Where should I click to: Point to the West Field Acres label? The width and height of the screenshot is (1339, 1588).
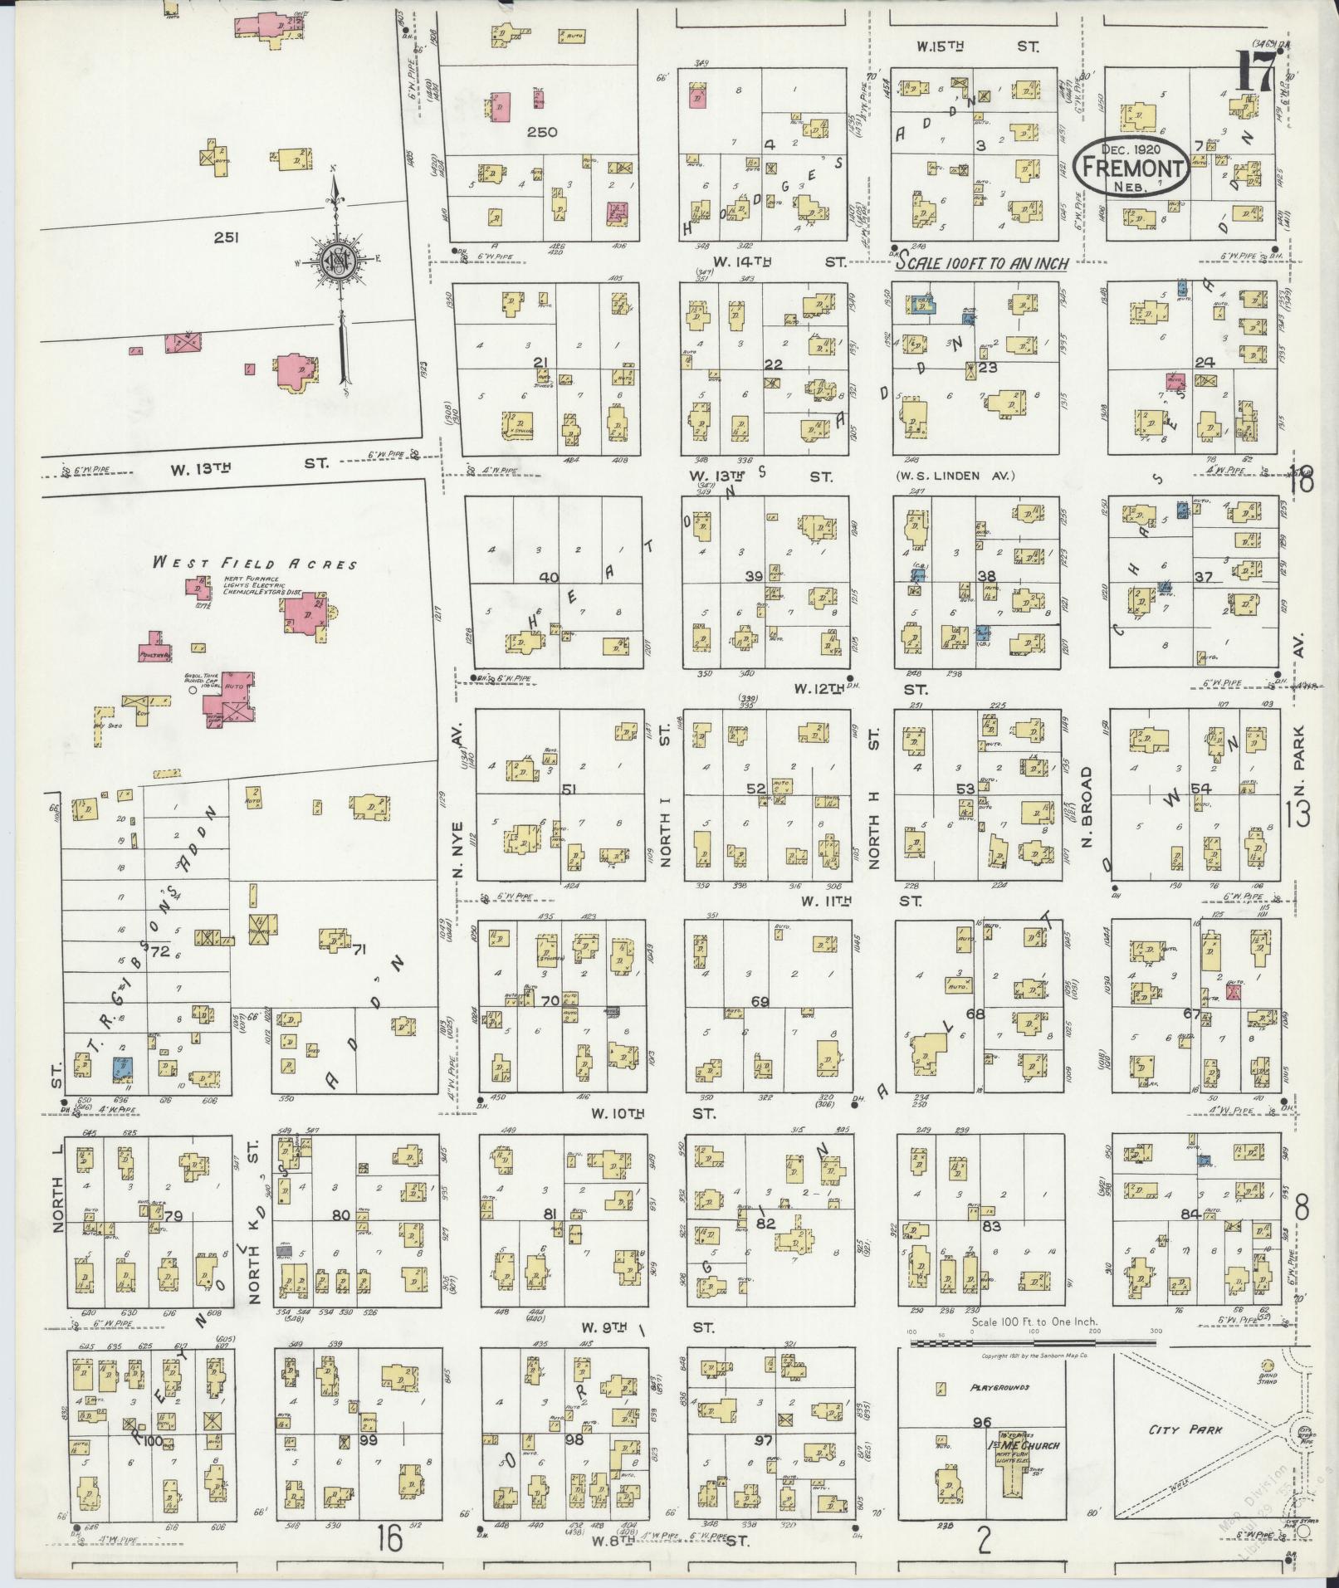[254, 563]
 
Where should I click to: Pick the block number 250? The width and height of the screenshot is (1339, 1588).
[540, 132]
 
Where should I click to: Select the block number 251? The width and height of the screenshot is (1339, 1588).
[226, 237]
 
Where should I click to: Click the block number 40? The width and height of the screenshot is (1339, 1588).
[549, 577]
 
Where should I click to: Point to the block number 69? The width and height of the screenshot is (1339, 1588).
[760, 1002]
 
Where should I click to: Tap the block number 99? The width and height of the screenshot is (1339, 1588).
[369, 1440]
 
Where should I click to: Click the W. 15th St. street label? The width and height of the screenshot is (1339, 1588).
[977, 47]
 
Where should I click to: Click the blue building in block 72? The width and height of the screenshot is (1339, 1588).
[122, 1067]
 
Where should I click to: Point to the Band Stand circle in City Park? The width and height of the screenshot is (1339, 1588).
[1268, 1365]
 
